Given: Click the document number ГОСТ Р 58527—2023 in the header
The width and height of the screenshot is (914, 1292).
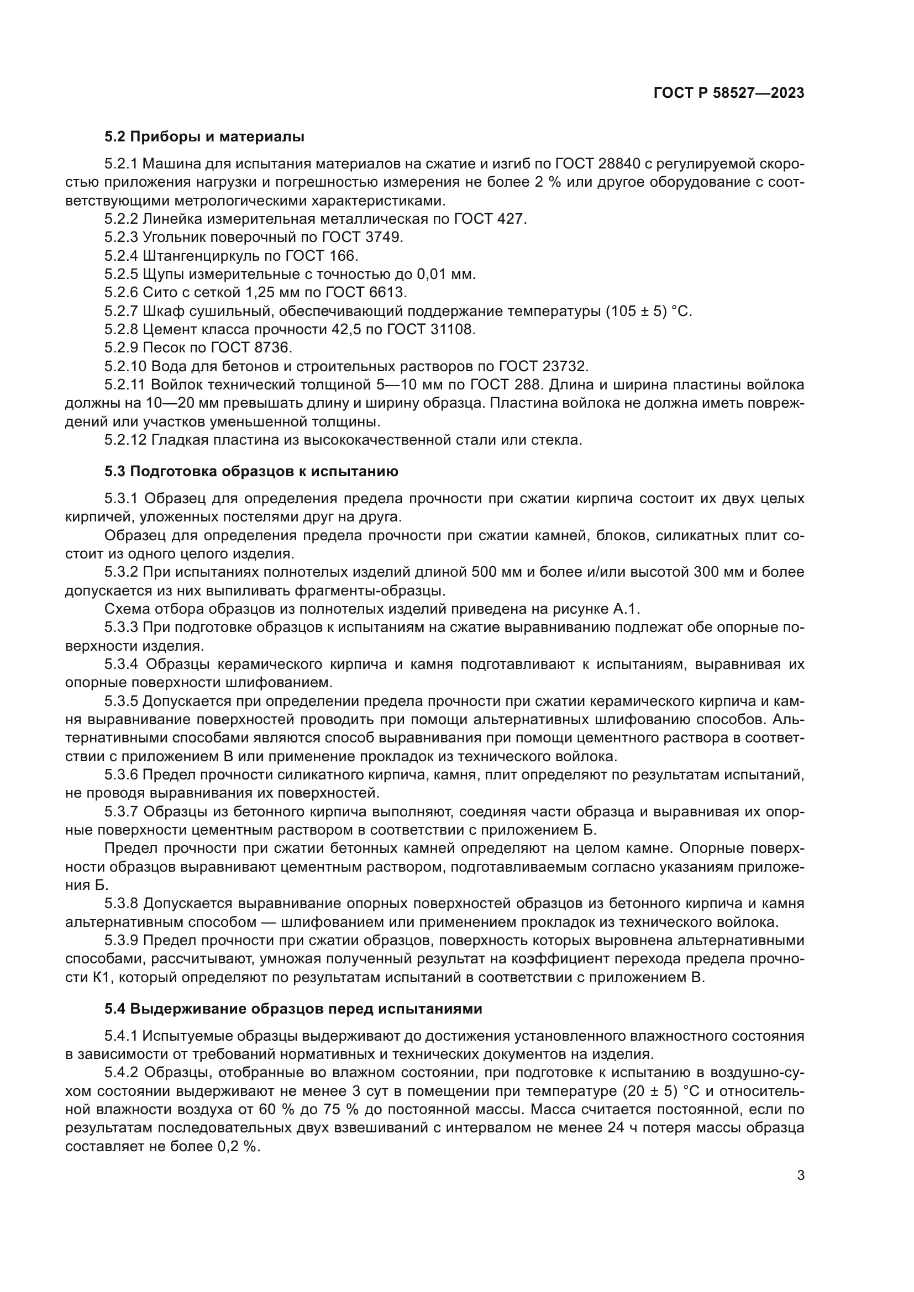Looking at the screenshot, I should coord(729,93).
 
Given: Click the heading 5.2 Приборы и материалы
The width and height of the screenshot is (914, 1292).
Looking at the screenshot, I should coord(204,137).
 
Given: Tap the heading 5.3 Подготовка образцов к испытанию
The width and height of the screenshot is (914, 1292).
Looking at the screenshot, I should coord(251,472).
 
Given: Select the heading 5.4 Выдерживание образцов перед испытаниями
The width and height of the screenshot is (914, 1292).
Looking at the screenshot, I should coord(293,1009).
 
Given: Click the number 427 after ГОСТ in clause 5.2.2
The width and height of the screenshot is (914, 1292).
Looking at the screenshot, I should coord(511,219).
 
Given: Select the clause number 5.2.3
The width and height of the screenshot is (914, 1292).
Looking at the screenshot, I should coord(121,238).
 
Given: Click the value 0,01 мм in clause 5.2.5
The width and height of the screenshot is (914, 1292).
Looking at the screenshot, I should coord(446,275).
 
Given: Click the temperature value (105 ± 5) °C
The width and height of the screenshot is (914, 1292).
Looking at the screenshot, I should coord(648,311).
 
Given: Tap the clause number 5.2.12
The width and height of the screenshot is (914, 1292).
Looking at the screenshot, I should coord(125,440).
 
